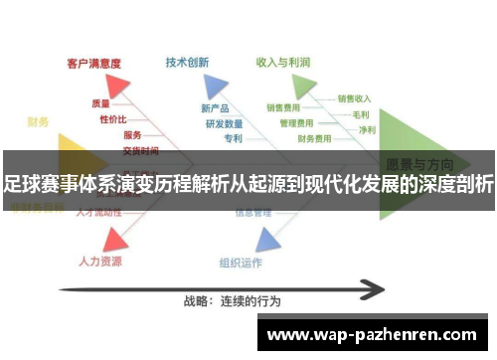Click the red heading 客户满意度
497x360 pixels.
[x=94, y=63]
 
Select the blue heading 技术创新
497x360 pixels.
[x=187, y=62]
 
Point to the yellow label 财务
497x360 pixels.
[x=37, y=121]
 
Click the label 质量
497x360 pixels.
[x=101, y=102]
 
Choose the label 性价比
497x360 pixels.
[x=111, y=119]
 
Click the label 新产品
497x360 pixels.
[x=215, y=108]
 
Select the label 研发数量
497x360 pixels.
[x=224, y=124]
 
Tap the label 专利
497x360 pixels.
[x=233, y=139]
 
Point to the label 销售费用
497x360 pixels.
[x=284, y=107]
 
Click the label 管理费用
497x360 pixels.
[x=297, y=123]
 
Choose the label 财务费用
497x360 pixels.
[x=315, y=139]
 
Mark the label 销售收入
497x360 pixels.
[x=354, y=98]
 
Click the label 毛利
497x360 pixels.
[x=361, y=114]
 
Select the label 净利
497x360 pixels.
[x=367, y=129]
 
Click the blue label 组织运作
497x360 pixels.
[x=241, y=263]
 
